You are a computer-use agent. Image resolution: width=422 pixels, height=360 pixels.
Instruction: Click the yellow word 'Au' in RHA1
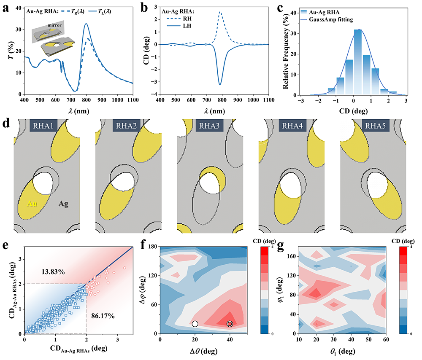tap(27, 204)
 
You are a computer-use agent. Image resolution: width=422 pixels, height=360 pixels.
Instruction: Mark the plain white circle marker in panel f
tap(195, 324)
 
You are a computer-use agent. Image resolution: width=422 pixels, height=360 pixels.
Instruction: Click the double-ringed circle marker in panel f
tap(230, 324)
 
